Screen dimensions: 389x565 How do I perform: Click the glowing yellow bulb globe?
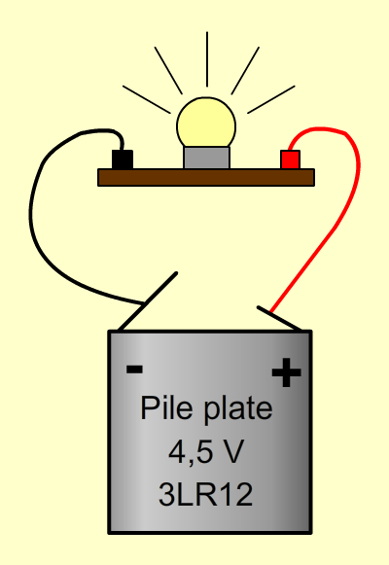tap(206, 123)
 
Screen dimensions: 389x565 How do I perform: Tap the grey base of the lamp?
tap(206, 158)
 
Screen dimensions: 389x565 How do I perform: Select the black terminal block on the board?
tap(123, 159)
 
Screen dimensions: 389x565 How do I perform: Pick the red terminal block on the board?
tap(291, 159)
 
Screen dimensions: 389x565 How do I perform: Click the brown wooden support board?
tap(206, 178)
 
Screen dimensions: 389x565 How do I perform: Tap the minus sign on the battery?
tap(135, 369)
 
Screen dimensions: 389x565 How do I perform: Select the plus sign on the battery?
tap(286, 372)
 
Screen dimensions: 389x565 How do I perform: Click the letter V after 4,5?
tap(233, 451)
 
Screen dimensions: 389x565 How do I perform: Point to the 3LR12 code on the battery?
tap(205, 494)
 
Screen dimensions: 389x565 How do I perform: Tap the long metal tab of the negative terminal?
tap(148, 301)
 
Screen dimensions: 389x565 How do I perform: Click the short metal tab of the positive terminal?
tap(279, 318)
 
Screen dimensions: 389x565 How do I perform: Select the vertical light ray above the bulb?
tap(207, 59)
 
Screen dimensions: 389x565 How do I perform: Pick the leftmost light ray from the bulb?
tap(146, 99)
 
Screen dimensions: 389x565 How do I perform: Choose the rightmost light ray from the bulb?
tap(271, 99)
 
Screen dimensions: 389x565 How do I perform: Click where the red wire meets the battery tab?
tap(270, 312)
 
